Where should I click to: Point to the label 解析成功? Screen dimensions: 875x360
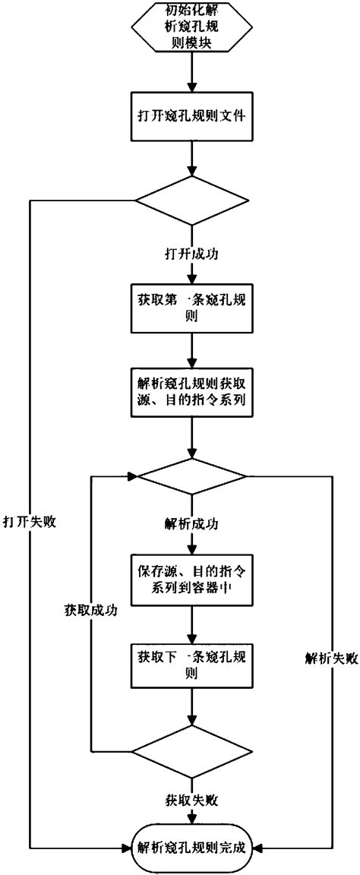[192, 524]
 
